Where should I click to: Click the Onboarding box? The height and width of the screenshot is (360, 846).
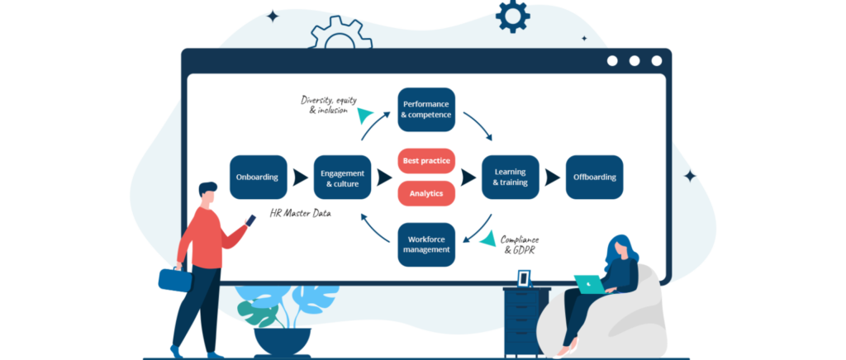[258, 177]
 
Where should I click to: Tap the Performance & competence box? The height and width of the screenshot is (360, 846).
[426, 110]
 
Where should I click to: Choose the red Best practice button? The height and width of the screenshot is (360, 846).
[426, 160]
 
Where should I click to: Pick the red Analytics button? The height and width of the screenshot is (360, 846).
[426, 193]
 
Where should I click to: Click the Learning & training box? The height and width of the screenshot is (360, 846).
[510, 177]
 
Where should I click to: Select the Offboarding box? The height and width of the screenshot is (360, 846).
[594, 177]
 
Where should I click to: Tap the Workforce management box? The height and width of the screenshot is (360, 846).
[426, 244]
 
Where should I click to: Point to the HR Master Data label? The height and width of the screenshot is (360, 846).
[301, 213]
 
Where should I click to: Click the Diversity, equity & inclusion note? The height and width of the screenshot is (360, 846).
[328, 105]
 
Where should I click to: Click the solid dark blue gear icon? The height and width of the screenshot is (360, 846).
[512, 15]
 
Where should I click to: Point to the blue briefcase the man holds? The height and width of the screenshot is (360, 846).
[174, 278]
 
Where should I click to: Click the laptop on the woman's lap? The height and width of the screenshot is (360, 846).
[590, 283]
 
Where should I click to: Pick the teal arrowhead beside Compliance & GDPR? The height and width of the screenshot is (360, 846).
[488, 239]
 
